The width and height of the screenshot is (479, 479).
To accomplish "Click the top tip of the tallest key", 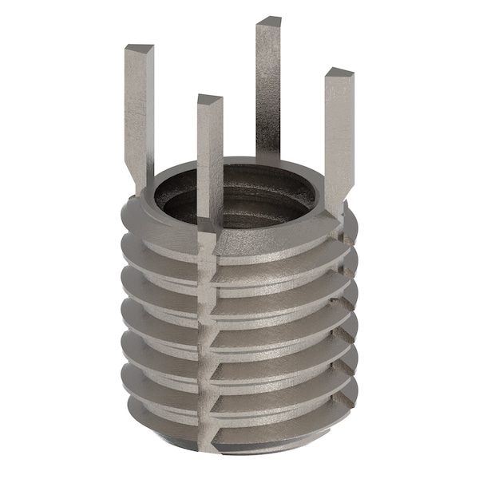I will (x=268, y=20).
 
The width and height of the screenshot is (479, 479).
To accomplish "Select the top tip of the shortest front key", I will (x=209, y=100).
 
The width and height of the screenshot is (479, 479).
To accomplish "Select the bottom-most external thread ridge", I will (x=239, y=411).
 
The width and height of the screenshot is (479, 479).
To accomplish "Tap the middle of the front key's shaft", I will (x=209, y=160).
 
